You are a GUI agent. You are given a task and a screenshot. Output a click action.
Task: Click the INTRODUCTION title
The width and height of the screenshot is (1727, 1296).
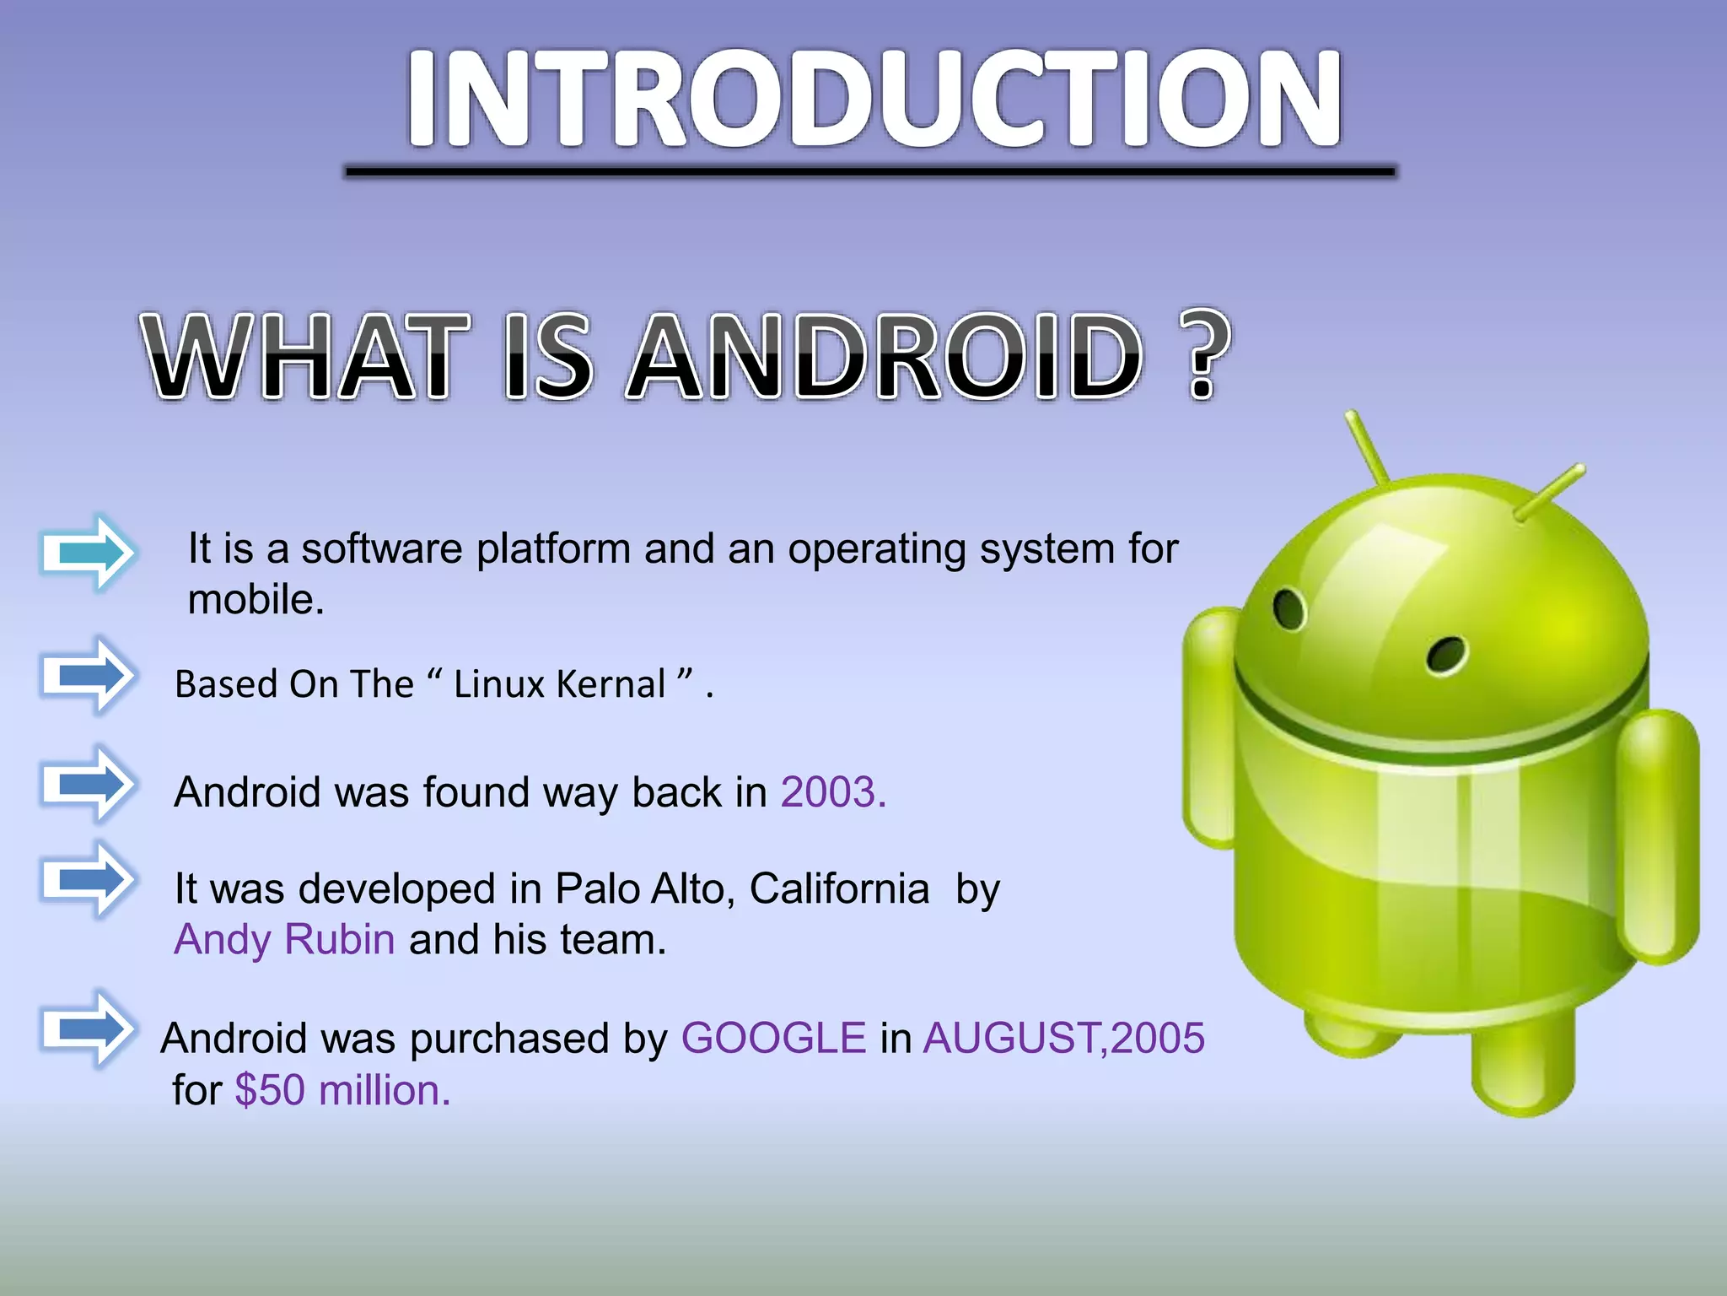(874, 100)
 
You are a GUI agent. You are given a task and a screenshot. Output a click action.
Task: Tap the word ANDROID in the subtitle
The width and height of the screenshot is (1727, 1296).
(886, 356)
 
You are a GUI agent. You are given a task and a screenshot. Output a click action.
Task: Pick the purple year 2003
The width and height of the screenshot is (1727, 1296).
(832, 793)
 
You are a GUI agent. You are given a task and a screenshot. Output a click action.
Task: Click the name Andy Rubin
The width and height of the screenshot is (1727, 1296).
(284, 940)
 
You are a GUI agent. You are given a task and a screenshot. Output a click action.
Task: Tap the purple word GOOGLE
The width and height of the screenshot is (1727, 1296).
(773, 1038)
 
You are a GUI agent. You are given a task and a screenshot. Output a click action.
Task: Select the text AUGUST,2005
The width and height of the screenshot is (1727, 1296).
(1063, 1038)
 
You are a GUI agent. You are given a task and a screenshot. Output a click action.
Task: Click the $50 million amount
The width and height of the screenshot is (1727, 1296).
(342, 1090)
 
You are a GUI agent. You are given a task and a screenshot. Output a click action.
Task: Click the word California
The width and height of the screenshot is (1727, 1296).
(839, 889)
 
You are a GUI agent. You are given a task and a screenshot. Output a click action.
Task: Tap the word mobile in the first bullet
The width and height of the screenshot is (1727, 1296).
(256, 600)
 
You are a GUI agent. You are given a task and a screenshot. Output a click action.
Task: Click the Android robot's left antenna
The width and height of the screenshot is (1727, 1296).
(1367, 447)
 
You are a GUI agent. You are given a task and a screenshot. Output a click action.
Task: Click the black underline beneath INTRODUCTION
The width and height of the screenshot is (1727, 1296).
(869, 172)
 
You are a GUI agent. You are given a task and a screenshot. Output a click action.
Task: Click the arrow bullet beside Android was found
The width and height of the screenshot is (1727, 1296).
(88, 785)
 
